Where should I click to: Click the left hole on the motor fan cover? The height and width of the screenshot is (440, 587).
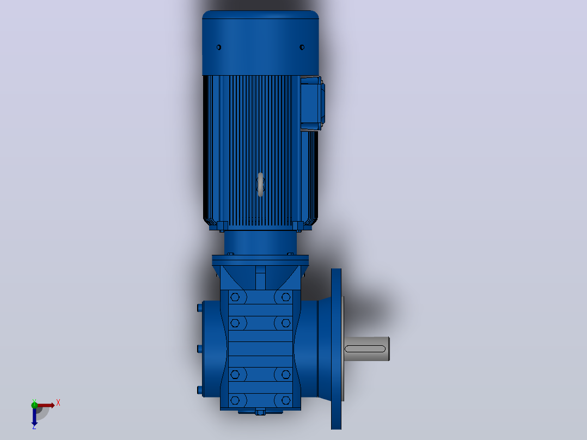coord(219,47)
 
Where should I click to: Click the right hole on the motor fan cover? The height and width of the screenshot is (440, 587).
coord(302,47)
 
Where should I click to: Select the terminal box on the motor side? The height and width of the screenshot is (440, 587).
coord(312,103)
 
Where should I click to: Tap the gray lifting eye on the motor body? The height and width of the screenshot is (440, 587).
coord(260,184)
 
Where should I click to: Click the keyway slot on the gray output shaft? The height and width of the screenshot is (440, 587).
coord(365,349)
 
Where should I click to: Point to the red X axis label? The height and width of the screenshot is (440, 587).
coord(58,403)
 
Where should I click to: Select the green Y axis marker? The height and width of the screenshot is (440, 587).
coord(34,405)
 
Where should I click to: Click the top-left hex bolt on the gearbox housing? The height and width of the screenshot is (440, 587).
coord(235,297)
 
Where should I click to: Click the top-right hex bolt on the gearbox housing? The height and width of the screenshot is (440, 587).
coord(286,297)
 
